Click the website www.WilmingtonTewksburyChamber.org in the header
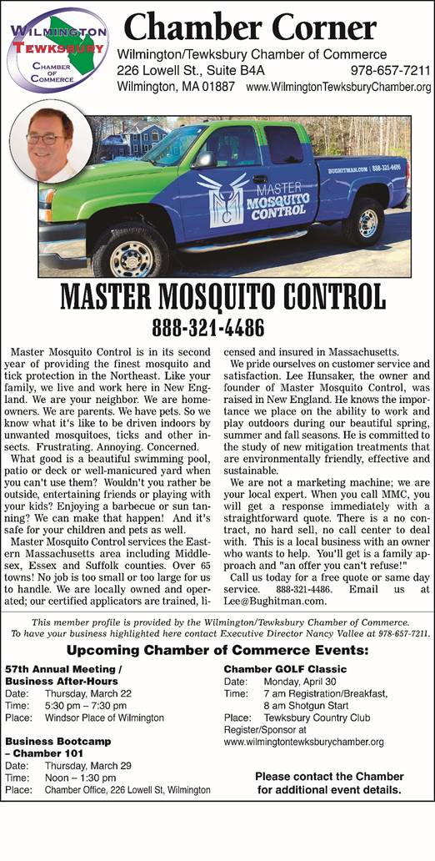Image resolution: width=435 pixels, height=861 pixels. (338, 87)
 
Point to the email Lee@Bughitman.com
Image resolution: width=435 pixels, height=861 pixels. (275, 623)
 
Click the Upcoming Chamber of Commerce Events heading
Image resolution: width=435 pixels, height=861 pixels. (218, 673)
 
